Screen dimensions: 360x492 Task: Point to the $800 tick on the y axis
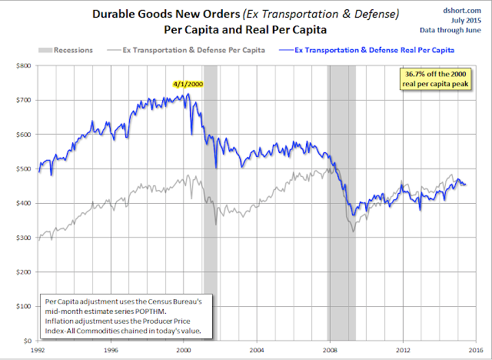[25, 66]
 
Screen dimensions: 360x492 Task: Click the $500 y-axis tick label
[25, 169]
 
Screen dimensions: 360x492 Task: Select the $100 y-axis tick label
[25, 306]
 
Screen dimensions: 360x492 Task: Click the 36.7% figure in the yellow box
[413, 73]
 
